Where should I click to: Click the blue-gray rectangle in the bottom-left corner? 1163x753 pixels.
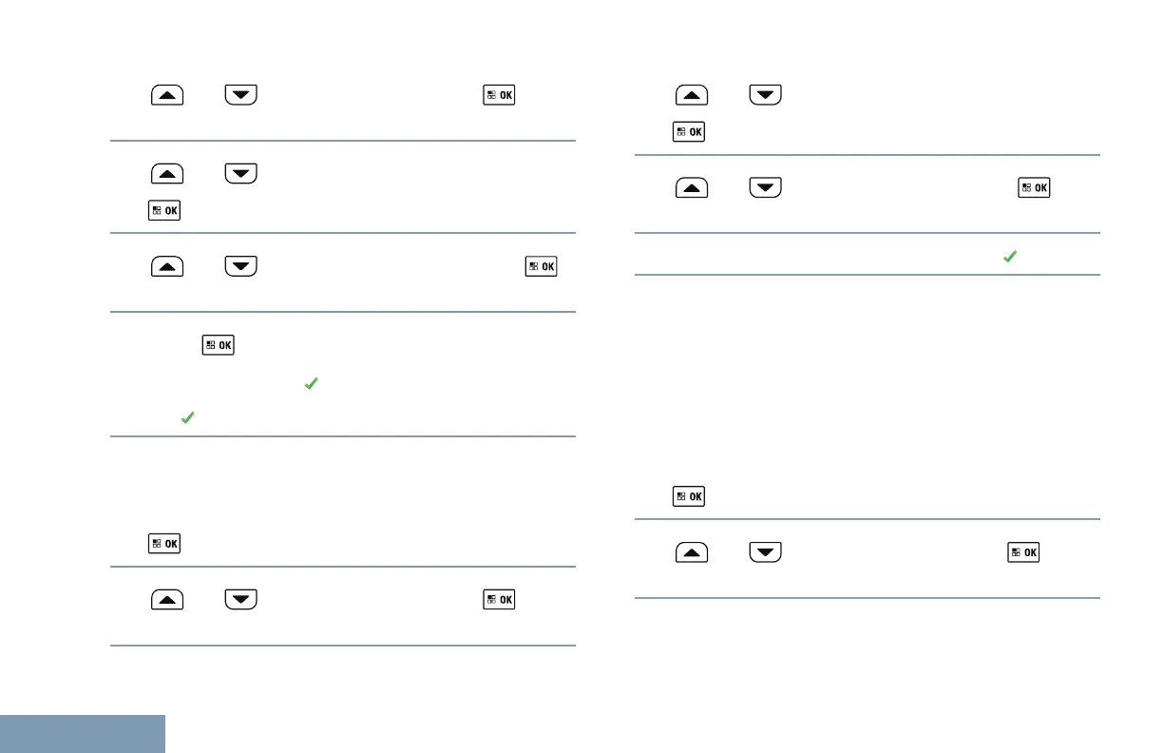83,733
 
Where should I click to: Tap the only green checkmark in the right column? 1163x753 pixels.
1010,257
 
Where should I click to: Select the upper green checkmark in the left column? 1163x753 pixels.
309,382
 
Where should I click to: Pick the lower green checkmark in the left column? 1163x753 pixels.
187,417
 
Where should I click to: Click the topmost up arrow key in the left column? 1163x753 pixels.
166,96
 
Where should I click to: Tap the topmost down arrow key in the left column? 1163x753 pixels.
241,96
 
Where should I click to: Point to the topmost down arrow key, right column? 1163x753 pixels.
765,96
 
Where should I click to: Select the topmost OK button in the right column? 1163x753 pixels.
689,132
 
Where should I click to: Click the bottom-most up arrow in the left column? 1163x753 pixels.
166,600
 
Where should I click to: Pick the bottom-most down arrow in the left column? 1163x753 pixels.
241,600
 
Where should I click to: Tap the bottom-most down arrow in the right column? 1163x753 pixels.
765,552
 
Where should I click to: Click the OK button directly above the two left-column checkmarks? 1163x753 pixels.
218,343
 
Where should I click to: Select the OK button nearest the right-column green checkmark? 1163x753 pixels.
1034,187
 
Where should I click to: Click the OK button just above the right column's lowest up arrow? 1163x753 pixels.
689,496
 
